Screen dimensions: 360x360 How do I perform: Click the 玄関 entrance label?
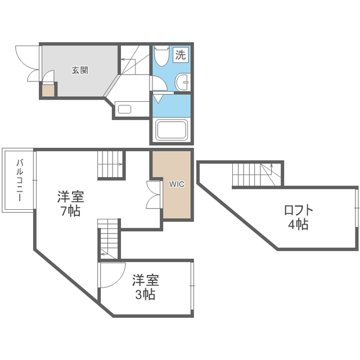click(80, 70)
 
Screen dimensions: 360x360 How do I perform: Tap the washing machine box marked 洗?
click(181, 55)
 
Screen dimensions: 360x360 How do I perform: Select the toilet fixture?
click(162, 56)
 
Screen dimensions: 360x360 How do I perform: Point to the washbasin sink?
click(183, 82)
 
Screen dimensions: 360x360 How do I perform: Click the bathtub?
click(172, 130)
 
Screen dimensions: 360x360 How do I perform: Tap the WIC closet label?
click(177, 184)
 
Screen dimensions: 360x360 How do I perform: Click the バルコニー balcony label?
click(19, 181)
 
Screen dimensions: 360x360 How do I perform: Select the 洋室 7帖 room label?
click(70, 204)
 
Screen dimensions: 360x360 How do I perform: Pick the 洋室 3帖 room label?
click(145, 287)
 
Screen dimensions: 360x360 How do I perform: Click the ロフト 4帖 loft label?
click(299, 217)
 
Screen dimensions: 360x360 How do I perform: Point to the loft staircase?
click(257, 175)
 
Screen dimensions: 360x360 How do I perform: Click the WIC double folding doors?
click(153, 195)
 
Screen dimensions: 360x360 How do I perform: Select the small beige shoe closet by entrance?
click(48, 91)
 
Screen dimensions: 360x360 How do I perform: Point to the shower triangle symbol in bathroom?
click(158, 99)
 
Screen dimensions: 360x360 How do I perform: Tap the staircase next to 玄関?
click(135, 60)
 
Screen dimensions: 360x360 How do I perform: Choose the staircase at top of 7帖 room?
click(110, 164)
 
